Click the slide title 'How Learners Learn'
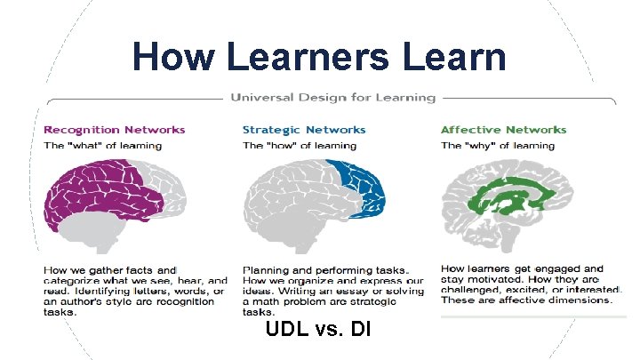point(319,58)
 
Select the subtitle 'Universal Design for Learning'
point(333,97)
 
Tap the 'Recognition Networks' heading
point(115,130)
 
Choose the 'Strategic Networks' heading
point(304,130)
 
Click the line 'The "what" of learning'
point(103,145)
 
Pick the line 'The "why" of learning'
point(491,145)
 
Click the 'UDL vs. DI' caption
point(318,330)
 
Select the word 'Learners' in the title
point(308,58)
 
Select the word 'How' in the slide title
point(173,58)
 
